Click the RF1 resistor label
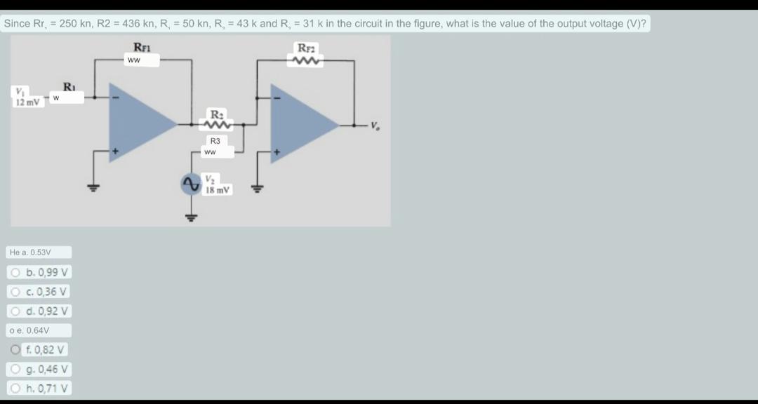click(142, 48)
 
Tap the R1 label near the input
click(69, 87)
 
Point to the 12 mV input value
click(27, 102)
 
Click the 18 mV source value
click(218, 190)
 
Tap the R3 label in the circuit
click(215, 141)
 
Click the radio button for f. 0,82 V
click(16, 349)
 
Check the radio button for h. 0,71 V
click(16, 388)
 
